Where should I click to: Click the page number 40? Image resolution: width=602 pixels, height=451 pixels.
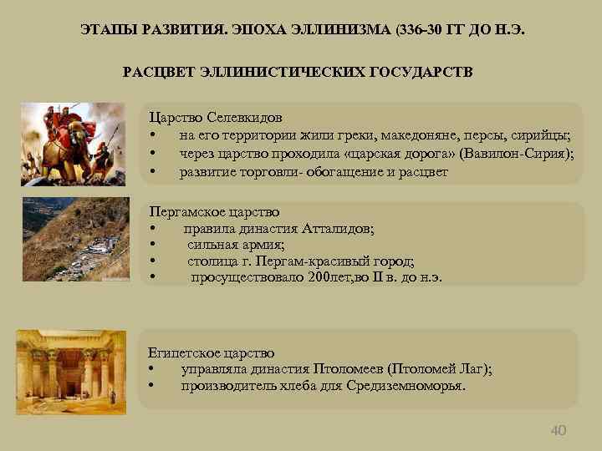tap(559, 430)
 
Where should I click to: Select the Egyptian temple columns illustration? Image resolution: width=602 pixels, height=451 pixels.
tap(70, 364)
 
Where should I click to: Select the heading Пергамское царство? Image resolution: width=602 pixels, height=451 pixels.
tap(214, 212)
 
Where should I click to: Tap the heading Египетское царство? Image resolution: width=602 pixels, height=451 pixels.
tap(211, 352)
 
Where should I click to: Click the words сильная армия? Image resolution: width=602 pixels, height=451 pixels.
tap(236, 245)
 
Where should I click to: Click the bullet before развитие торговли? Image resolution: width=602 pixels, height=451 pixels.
tap(152, 173)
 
